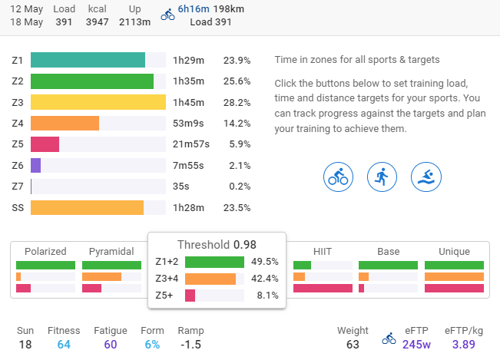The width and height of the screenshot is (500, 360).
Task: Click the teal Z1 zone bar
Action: [88, 60]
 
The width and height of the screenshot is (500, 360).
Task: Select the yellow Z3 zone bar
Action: [98, 102]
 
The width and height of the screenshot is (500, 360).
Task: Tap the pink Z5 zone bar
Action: [45, 144]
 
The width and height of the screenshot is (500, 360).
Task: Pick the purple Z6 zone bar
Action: [36, 165]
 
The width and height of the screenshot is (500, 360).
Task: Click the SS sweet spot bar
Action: [88, 207]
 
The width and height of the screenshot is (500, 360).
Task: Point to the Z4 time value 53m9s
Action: [188, 123]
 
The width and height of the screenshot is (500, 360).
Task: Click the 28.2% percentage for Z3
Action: [237, 102]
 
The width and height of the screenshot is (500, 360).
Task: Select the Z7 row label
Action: [18, 187]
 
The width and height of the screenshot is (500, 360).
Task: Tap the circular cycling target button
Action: [337, 177]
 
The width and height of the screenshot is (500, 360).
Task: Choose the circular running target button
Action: [381, 177]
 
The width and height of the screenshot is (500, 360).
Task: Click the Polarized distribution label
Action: [45, 251]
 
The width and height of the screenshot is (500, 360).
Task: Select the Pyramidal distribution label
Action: [111, 251]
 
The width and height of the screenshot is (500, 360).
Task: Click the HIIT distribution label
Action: [323, 251]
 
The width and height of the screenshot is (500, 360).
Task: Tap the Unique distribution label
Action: [454, 251]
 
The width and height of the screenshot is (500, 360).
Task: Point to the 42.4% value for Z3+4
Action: [264, 279]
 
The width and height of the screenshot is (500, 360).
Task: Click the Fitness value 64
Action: [63, 345]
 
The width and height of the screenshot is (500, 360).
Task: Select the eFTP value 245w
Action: [417, 345]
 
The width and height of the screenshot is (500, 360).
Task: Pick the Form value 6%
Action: [152, 345]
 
